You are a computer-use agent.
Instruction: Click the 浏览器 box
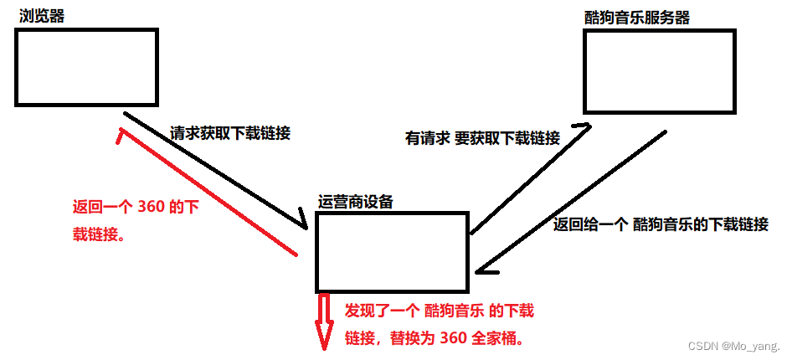click(86, 67)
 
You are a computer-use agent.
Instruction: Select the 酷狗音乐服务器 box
click(660, 71)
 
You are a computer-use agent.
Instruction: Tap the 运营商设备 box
click(391, 251)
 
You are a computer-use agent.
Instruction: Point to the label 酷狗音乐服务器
click(639, 17)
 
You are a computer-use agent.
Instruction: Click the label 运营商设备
click(356, 201)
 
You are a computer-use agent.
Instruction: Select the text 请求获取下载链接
click(230, 133)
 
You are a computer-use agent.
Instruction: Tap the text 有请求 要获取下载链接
click(482, 139)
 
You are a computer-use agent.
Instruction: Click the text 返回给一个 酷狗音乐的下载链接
click(661, 224)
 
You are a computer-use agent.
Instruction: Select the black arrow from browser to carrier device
click(216, 170)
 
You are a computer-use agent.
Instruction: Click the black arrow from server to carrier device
click(569, 201)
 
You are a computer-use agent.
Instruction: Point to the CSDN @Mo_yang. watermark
click(733, 346)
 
